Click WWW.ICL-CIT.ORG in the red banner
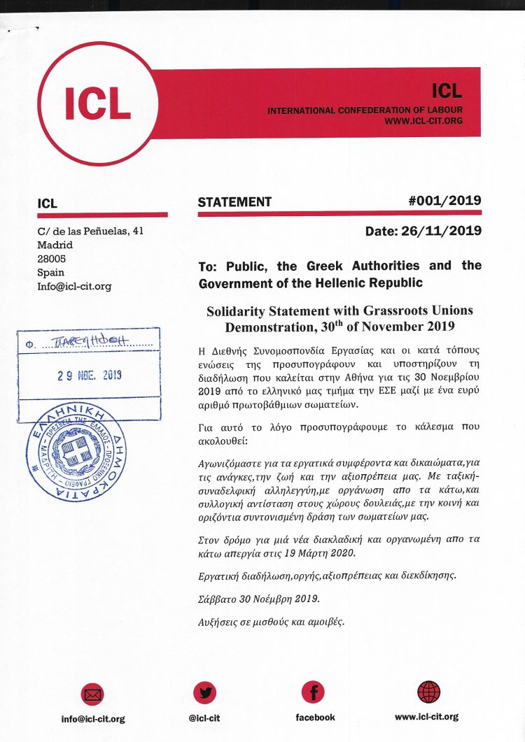423,121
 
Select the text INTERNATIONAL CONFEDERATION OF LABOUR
365,110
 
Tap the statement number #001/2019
444,201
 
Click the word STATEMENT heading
234,202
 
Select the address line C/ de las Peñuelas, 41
91,231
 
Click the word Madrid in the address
55,245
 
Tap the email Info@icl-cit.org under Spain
74,286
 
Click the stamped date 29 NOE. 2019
90,375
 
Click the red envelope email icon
92,694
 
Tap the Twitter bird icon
205,692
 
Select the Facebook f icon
313,692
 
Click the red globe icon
428,692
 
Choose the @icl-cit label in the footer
205,718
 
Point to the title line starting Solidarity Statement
339,310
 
